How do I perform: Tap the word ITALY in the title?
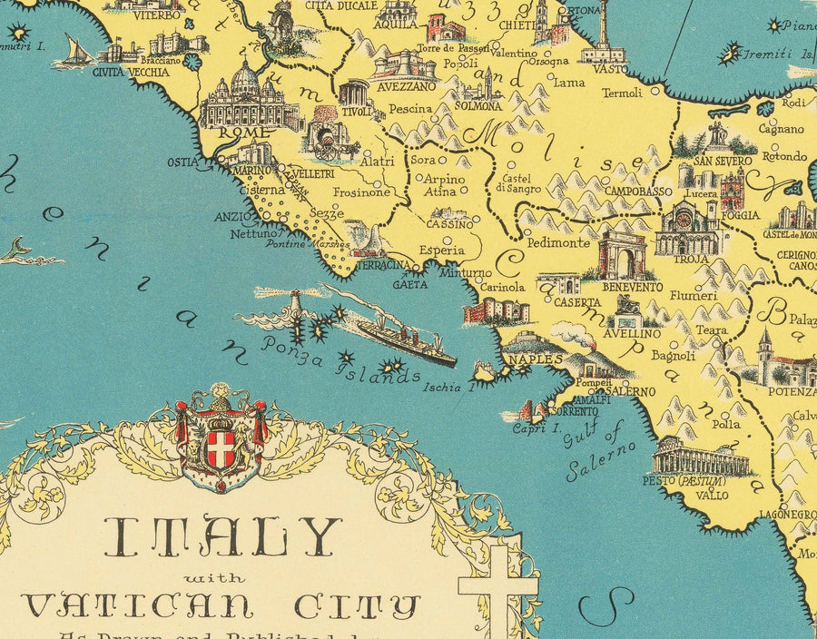click(x=222, y=537)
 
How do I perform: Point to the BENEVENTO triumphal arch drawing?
click(x=622, y=254)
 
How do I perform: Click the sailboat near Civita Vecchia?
click(x=74, y=52)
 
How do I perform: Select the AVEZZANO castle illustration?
click(x=401, y=65)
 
